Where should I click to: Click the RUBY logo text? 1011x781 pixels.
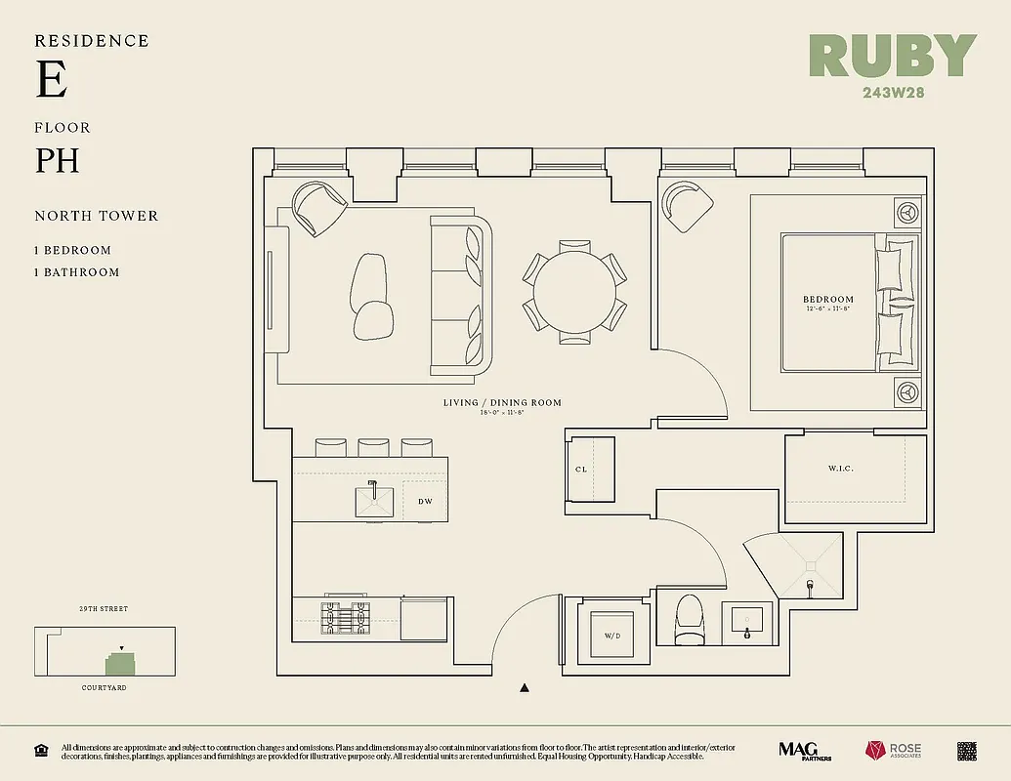[893, 57]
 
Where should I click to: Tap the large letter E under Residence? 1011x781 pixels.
[52, 80]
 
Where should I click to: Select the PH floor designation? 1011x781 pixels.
[58, 160]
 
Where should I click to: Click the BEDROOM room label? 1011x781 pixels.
[827, 300]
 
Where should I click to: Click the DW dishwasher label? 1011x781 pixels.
[425, 501]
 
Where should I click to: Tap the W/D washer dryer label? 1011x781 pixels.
[612, 636]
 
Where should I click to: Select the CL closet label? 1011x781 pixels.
[581, 470]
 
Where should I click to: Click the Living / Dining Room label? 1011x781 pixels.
[502, 402]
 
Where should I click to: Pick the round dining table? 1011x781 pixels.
[574, 292]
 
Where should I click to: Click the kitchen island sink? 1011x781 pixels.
[372, 500]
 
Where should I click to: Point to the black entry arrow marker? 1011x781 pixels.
[525, 688]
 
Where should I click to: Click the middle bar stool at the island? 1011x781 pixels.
[374, 447]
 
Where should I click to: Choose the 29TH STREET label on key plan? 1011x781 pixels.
[104, 609]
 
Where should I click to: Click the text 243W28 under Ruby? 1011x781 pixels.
[893, 94]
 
